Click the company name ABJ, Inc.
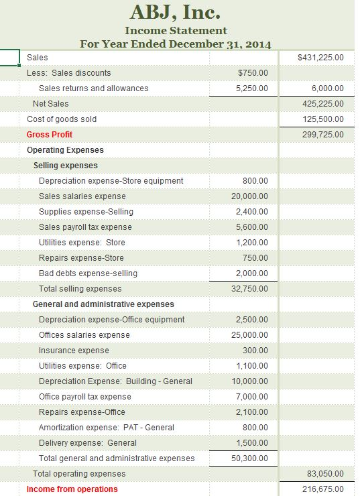coord(176,12)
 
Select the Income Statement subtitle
coord(176,31)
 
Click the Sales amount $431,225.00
coord(320,58)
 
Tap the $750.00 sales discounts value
coord(253,73)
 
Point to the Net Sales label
coord(50,104)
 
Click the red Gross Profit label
coord(50,135)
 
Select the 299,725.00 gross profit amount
coord(323,135)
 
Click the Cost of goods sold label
coord(62,119)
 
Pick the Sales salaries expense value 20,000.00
coord(249,196)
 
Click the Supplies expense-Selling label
coord(86,212)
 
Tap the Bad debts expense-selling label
coord(88,273)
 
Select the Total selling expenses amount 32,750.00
coord(249,289)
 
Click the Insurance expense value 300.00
coord(255,351)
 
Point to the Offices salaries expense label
coord(84,335)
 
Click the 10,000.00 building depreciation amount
coord(249,381)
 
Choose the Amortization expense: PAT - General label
coord(106,428)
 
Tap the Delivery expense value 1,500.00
coord(252,443)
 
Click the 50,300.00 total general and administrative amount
coord(249,458)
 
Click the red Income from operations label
coord(72,489)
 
